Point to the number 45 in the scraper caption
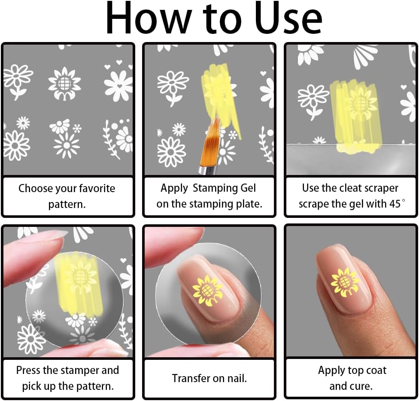(395, 204)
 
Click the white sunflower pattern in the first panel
(64, 84)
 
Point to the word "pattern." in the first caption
(67, 205)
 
